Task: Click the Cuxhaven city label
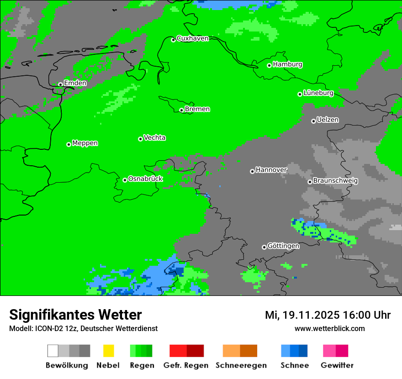click(x=192, y=38)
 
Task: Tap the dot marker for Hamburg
click(x=269, y=65)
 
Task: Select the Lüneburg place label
click(x=318, y=93)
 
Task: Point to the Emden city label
click(x=75, y=83)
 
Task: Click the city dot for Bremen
click(x=181, y=110)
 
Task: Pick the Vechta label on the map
click(x=154, y=137)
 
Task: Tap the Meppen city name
click(x=85, y=143)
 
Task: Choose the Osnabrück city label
click(x=145, y=179)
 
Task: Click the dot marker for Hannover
click(x=252, y=171)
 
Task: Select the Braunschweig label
click(x=335, y=181)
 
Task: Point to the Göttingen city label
click(x=283, y=246)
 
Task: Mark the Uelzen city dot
click(x=313, y=121)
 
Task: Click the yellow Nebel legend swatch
click(x=108, y=351)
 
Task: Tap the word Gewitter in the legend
click(x=337, y=365)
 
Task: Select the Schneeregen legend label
click(x=241, y=365)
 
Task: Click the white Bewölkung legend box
click(x=53, y=351)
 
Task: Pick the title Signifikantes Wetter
click(x=75, y=315)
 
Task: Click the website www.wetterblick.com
click(x=330, y=328)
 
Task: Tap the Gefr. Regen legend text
click(x=186, y=365)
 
